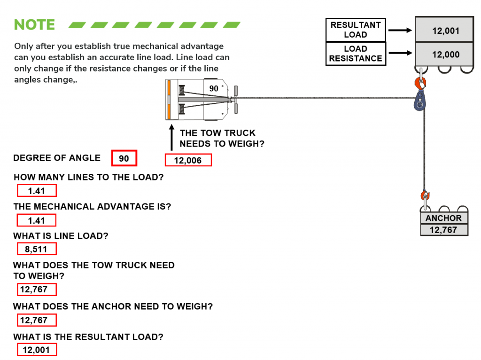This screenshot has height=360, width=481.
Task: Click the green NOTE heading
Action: pos(34,24)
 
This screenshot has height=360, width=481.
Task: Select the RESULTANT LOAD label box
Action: pos(356,30)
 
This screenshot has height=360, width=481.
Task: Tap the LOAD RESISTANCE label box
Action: pos(356,54)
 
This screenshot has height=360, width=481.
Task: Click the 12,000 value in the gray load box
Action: pos(446,55)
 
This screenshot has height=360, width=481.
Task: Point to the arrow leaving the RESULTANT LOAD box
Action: pos(400,30)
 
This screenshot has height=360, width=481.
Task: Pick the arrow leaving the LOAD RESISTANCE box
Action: pos(400,53)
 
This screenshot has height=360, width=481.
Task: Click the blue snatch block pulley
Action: pos(419,101)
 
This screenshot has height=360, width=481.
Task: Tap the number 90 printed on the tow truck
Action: pos(214,89)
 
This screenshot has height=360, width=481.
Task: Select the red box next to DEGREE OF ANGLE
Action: pos(124,158)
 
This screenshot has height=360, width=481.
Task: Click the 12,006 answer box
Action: pos(188,160)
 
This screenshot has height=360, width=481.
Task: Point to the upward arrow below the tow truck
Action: pos(172,137)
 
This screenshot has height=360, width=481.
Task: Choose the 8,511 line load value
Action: pos(37,249)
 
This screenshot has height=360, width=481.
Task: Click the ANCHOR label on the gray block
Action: pos(443,218)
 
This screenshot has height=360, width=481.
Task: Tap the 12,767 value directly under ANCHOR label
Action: pos(443,230)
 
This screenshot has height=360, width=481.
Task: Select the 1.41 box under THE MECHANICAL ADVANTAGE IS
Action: pos(37,220)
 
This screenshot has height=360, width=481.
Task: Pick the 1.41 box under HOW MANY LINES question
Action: pos(37,191)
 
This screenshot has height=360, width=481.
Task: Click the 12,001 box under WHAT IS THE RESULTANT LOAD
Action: pos(37,350)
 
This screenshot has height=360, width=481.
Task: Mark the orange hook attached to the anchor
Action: pos(425,196)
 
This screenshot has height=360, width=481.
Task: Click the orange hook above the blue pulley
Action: pos(420,83)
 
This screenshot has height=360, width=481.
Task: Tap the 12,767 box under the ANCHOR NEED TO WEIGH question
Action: pos(37,320)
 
